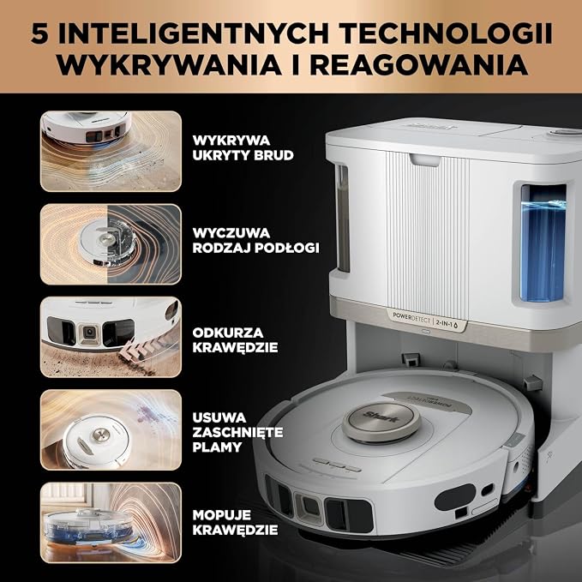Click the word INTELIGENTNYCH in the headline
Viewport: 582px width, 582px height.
(x=194, y=33)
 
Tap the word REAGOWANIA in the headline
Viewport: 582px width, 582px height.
(x=419, y=65)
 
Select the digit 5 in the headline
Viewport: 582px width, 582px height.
(x=39, y=33)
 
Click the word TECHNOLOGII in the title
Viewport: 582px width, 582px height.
(x=447, y=33)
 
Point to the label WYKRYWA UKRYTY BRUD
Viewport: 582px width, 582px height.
(x=243, y=147)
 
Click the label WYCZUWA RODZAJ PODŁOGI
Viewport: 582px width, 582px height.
(x=255, y=240)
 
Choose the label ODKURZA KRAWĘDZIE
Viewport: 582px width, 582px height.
(x=235, y=340)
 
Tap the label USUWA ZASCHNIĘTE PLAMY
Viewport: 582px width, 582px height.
(x=237, y=432)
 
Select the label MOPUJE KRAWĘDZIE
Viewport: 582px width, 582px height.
(x=235, y=522)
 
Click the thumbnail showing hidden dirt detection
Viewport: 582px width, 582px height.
(x=111, y=151)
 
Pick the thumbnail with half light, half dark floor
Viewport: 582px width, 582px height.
(x=111, y=244)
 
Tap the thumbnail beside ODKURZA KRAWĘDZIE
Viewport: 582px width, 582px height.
(x=111, y=337)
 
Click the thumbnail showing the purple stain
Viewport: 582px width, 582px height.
(x=111, y=429)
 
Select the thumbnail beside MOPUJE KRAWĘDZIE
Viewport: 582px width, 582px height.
(x=111, y=523)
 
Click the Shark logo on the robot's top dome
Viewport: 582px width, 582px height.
(x=382, y=417)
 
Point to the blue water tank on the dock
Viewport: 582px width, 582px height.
(x=543, y=243)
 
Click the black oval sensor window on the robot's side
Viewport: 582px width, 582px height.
(x=454, y=497)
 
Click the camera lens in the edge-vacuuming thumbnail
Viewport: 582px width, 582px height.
(x=89, y=332)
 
